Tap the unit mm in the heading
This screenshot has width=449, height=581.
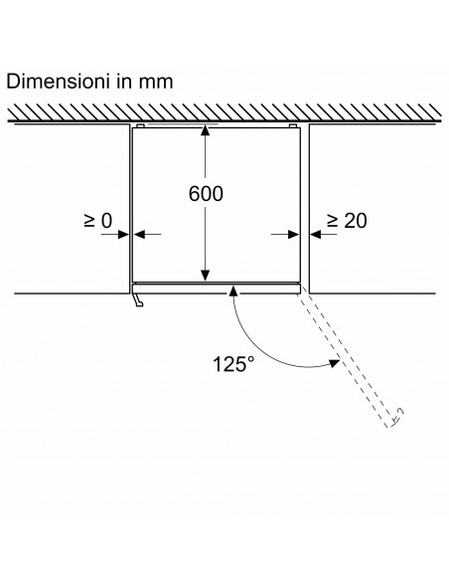(156, 83)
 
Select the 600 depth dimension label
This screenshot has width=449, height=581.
(206, 194)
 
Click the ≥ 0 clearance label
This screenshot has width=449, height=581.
(97, 221)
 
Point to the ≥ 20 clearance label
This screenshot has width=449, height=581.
(348, 221)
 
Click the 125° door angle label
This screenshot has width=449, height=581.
(233, 364)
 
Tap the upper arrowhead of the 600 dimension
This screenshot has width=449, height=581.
(206, 131)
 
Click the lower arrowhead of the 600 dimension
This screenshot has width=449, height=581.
(206, 276)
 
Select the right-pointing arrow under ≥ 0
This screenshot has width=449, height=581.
(115, 234)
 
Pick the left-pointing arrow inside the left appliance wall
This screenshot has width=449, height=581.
(147, 234)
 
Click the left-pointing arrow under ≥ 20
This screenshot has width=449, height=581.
(324, 234)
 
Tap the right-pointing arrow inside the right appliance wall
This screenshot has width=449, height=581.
(285, 234)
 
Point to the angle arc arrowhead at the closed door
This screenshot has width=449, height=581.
(233, 291)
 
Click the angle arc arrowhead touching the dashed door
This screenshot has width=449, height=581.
(335, 363)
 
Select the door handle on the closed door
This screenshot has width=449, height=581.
(138, 300)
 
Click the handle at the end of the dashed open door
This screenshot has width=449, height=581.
(397, 417)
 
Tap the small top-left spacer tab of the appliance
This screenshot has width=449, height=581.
(140, 126)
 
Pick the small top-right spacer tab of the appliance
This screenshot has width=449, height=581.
(293, 126)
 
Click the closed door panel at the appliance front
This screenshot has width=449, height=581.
(216, 290)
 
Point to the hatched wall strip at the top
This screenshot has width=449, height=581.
(224, 112)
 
